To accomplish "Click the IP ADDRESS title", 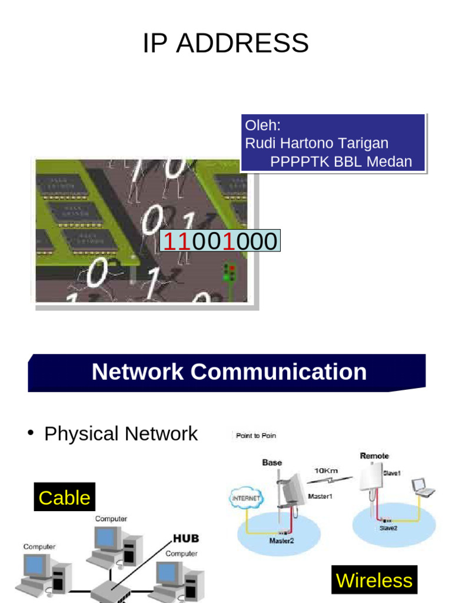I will click(x=225, y=44).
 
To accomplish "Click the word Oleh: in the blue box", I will click(x=263, y=125).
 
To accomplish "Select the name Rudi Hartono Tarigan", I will click(x=317, y=143).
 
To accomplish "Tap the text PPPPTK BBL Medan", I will click(x=341, y=161).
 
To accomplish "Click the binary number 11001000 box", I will click(x=220, y=241).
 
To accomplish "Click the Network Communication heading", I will click(x=229, y=372).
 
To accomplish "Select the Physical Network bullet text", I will click(x=121, y=434).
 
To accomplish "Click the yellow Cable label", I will click(x=64, y=498).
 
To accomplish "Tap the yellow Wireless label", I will click(x=374, y=581).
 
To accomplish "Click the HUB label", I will click(x=185, y=538).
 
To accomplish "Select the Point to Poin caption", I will click(x=255, y=436).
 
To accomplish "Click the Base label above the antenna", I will click(x=272, y=463).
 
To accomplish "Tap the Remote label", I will click(x=374, y=456).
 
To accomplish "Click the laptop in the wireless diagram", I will click(x=423, y=487).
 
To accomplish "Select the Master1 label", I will click(x=320, y=496).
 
